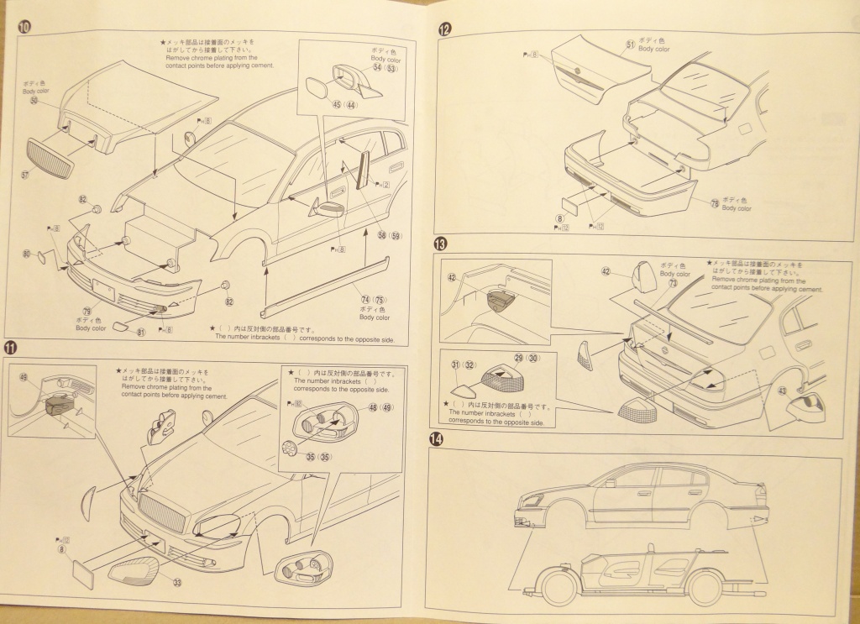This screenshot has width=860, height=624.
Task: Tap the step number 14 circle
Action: click(435, 438)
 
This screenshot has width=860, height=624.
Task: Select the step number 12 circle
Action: click(444, 29)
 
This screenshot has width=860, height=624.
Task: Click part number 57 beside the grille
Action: click(25, 175)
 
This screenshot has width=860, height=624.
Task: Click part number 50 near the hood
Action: click(34, 100)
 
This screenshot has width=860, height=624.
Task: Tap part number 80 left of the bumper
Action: click(27, 254)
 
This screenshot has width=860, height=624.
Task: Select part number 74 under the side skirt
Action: click(365, 299)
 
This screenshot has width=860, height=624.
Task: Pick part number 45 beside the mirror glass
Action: click(336, 105)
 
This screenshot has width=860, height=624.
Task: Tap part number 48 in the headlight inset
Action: click(372, 408)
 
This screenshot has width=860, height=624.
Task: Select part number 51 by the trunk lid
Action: click(630, 44)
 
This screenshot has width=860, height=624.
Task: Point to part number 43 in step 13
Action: click(782, 391)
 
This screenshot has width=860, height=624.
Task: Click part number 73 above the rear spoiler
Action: click(673, 284)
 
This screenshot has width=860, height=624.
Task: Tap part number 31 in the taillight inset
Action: click(454, 364)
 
